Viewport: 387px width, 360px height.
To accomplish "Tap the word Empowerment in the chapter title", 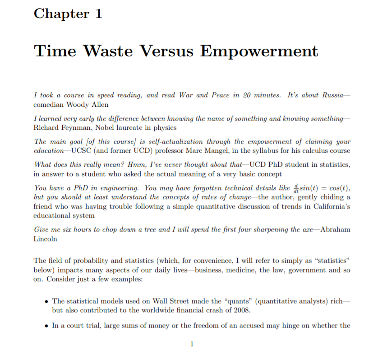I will (259, 50).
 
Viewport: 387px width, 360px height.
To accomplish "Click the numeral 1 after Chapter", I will (97, 14).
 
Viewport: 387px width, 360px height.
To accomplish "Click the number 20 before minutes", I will (247, 95).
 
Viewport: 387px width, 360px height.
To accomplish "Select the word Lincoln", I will (46, 239).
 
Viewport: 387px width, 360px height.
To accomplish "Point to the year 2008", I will (255, 310).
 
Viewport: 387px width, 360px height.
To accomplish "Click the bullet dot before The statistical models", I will (46, 301).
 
